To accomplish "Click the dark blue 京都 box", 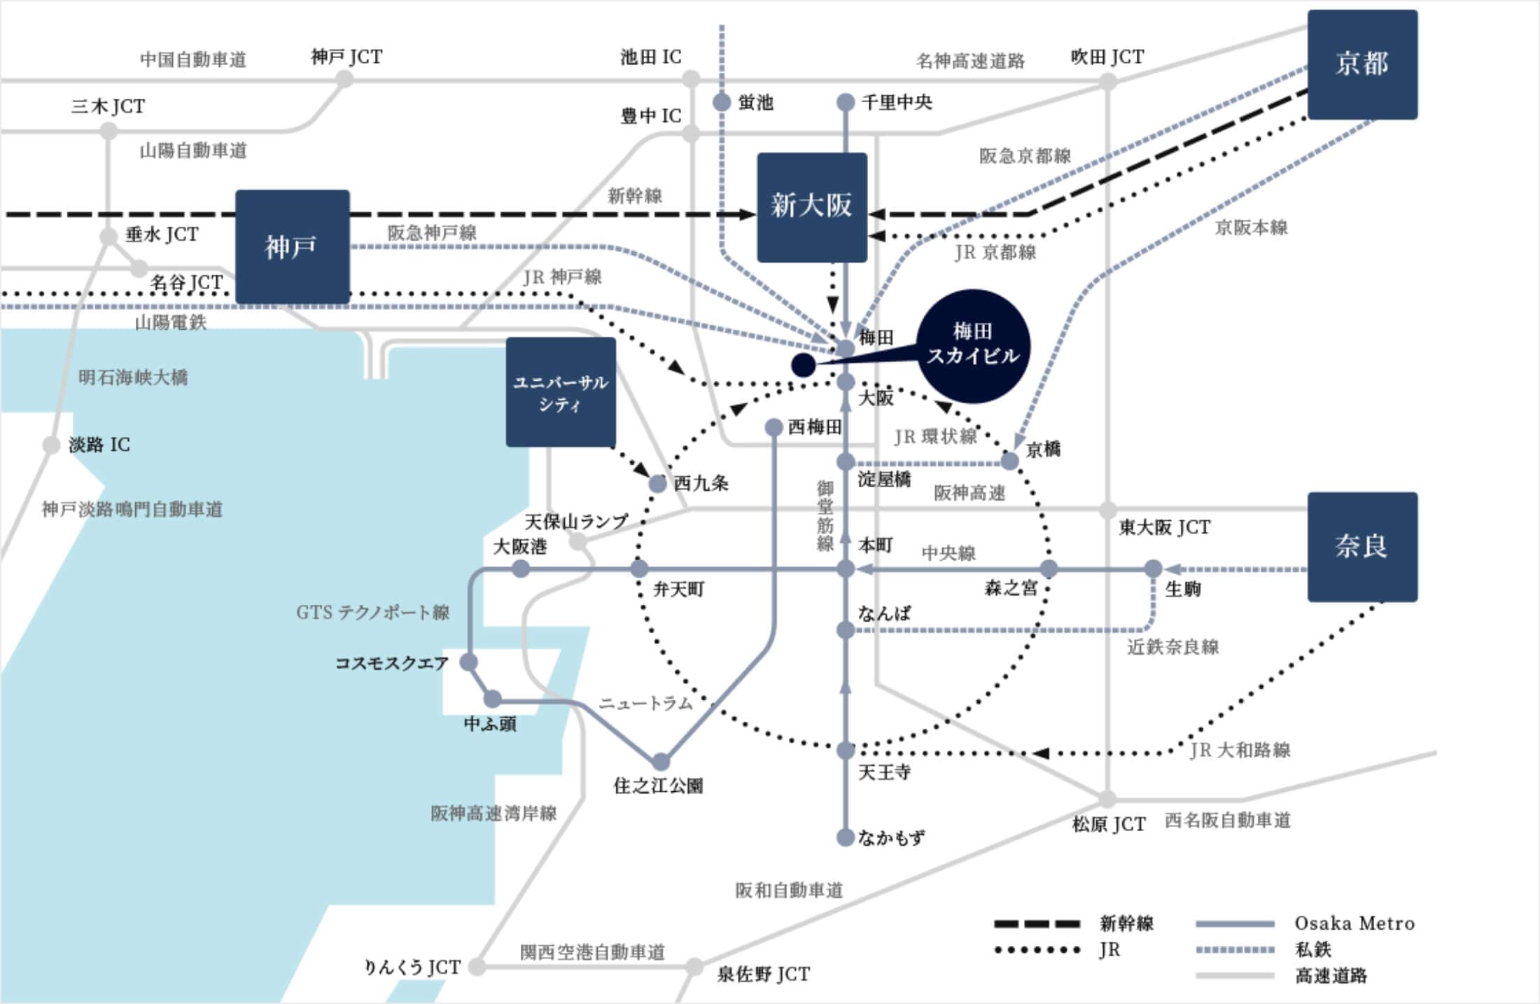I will (1362, 64).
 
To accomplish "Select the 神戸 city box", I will (292, 246).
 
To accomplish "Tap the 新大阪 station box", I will (812, 207).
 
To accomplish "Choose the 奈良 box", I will (1362, 547).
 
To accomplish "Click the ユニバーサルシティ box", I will (561, 392).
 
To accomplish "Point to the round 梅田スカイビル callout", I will (973, 346).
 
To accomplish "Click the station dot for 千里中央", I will (846, 103).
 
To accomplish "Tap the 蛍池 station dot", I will (722, 103).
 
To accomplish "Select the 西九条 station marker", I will (658, 483).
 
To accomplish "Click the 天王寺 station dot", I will (846, 751).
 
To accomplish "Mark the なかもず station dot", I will (846, 837).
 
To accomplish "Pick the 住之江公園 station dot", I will (661, 761).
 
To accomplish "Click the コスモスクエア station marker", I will (469, 662).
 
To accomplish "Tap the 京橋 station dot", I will (1009, 461).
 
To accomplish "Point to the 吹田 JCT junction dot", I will (1107, 81).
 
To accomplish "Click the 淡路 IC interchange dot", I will (51, 445).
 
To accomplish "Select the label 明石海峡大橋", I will (133, 378).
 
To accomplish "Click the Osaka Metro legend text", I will (1354, 923).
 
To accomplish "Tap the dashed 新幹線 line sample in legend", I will (1037, 924).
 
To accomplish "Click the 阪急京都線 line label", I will (1025, 156).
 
